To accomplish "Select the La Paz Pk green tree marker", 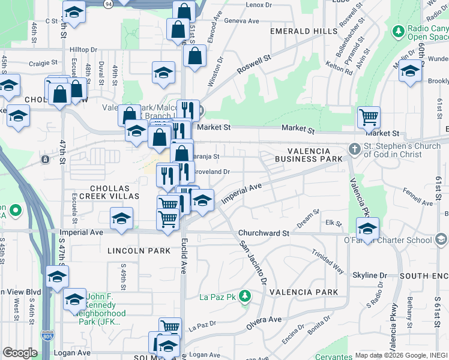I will (244, 296).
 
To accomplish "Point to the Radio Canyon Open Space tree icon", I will (397, 31).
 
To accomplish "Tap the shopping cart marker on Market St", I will (369, 117).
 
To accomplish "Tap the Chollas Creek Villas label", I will (106, 192).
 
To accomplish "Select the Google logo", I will (20, 353).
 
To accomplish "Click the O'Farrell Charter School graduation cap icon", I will (441, 241).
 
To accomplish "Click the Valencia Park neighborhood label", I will (300, 292).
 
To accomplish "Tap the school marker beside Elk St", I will (367, 228).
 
